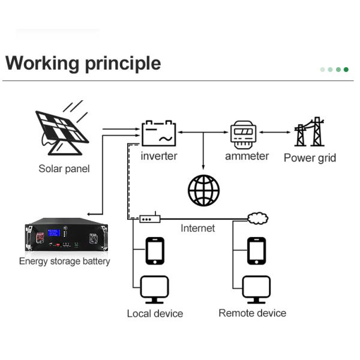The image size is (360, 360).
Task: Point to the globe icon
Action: [203, 191]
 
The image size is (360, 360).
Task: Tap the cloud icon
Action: [258, 218]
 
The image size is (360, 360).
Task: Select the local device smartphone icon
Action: [155, 251]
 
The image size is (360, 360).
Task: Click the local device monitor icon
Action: [155, 290]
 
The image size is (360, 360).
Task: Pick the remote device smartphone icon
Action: [257, 251]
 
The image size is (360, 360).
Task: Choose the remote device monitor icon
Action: [257, 290]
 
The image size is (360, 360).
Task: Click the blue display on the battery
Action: [54, 233]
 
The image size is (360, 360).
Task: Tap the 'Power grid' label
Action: [310, 158]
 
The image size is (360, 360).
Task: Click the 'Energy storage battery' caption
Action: [64, 261]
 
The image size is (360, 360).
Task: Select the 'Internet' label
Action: [197, 229]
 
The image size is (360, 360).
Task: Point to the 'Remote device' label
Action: [252, 313]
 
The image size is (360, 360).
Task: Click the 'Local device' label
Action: [155, 314]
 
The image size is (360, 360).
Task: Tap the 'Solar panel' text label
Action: [64, 169]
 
